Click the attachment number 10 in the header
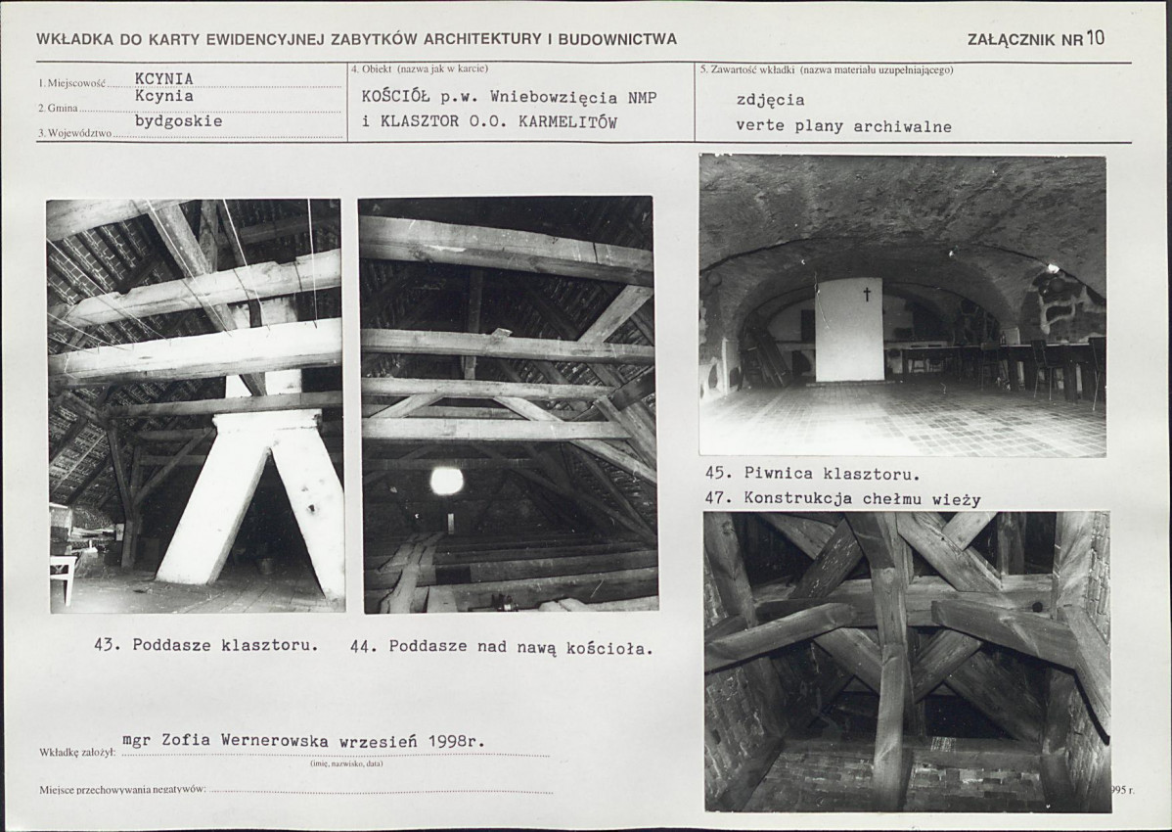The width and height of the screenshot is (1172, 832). (x=1095, y=38)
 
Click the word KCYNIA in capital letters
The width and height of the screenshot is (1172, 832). (x=163, y=78)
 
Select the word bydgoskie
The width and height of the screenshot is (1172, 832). (x=179, y=121)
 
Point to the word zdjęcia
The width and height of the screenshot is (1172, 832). (x=771, y=100)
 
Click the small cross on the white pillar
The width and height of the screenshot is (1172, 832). (x=867, y=294)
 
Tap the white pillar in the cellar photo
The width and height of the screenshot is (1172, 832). (x=849, y=330)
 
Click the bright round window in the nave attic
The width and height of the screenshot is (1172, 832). (x=446, y=481)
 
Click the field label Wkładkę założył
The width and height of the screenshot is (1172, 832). (x=77, y=753)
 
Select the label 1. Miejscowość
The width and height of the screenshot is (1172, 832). (x=71, y=84)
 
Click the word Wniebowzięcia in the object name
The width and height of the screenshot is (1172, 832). (x=554, y=98)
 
